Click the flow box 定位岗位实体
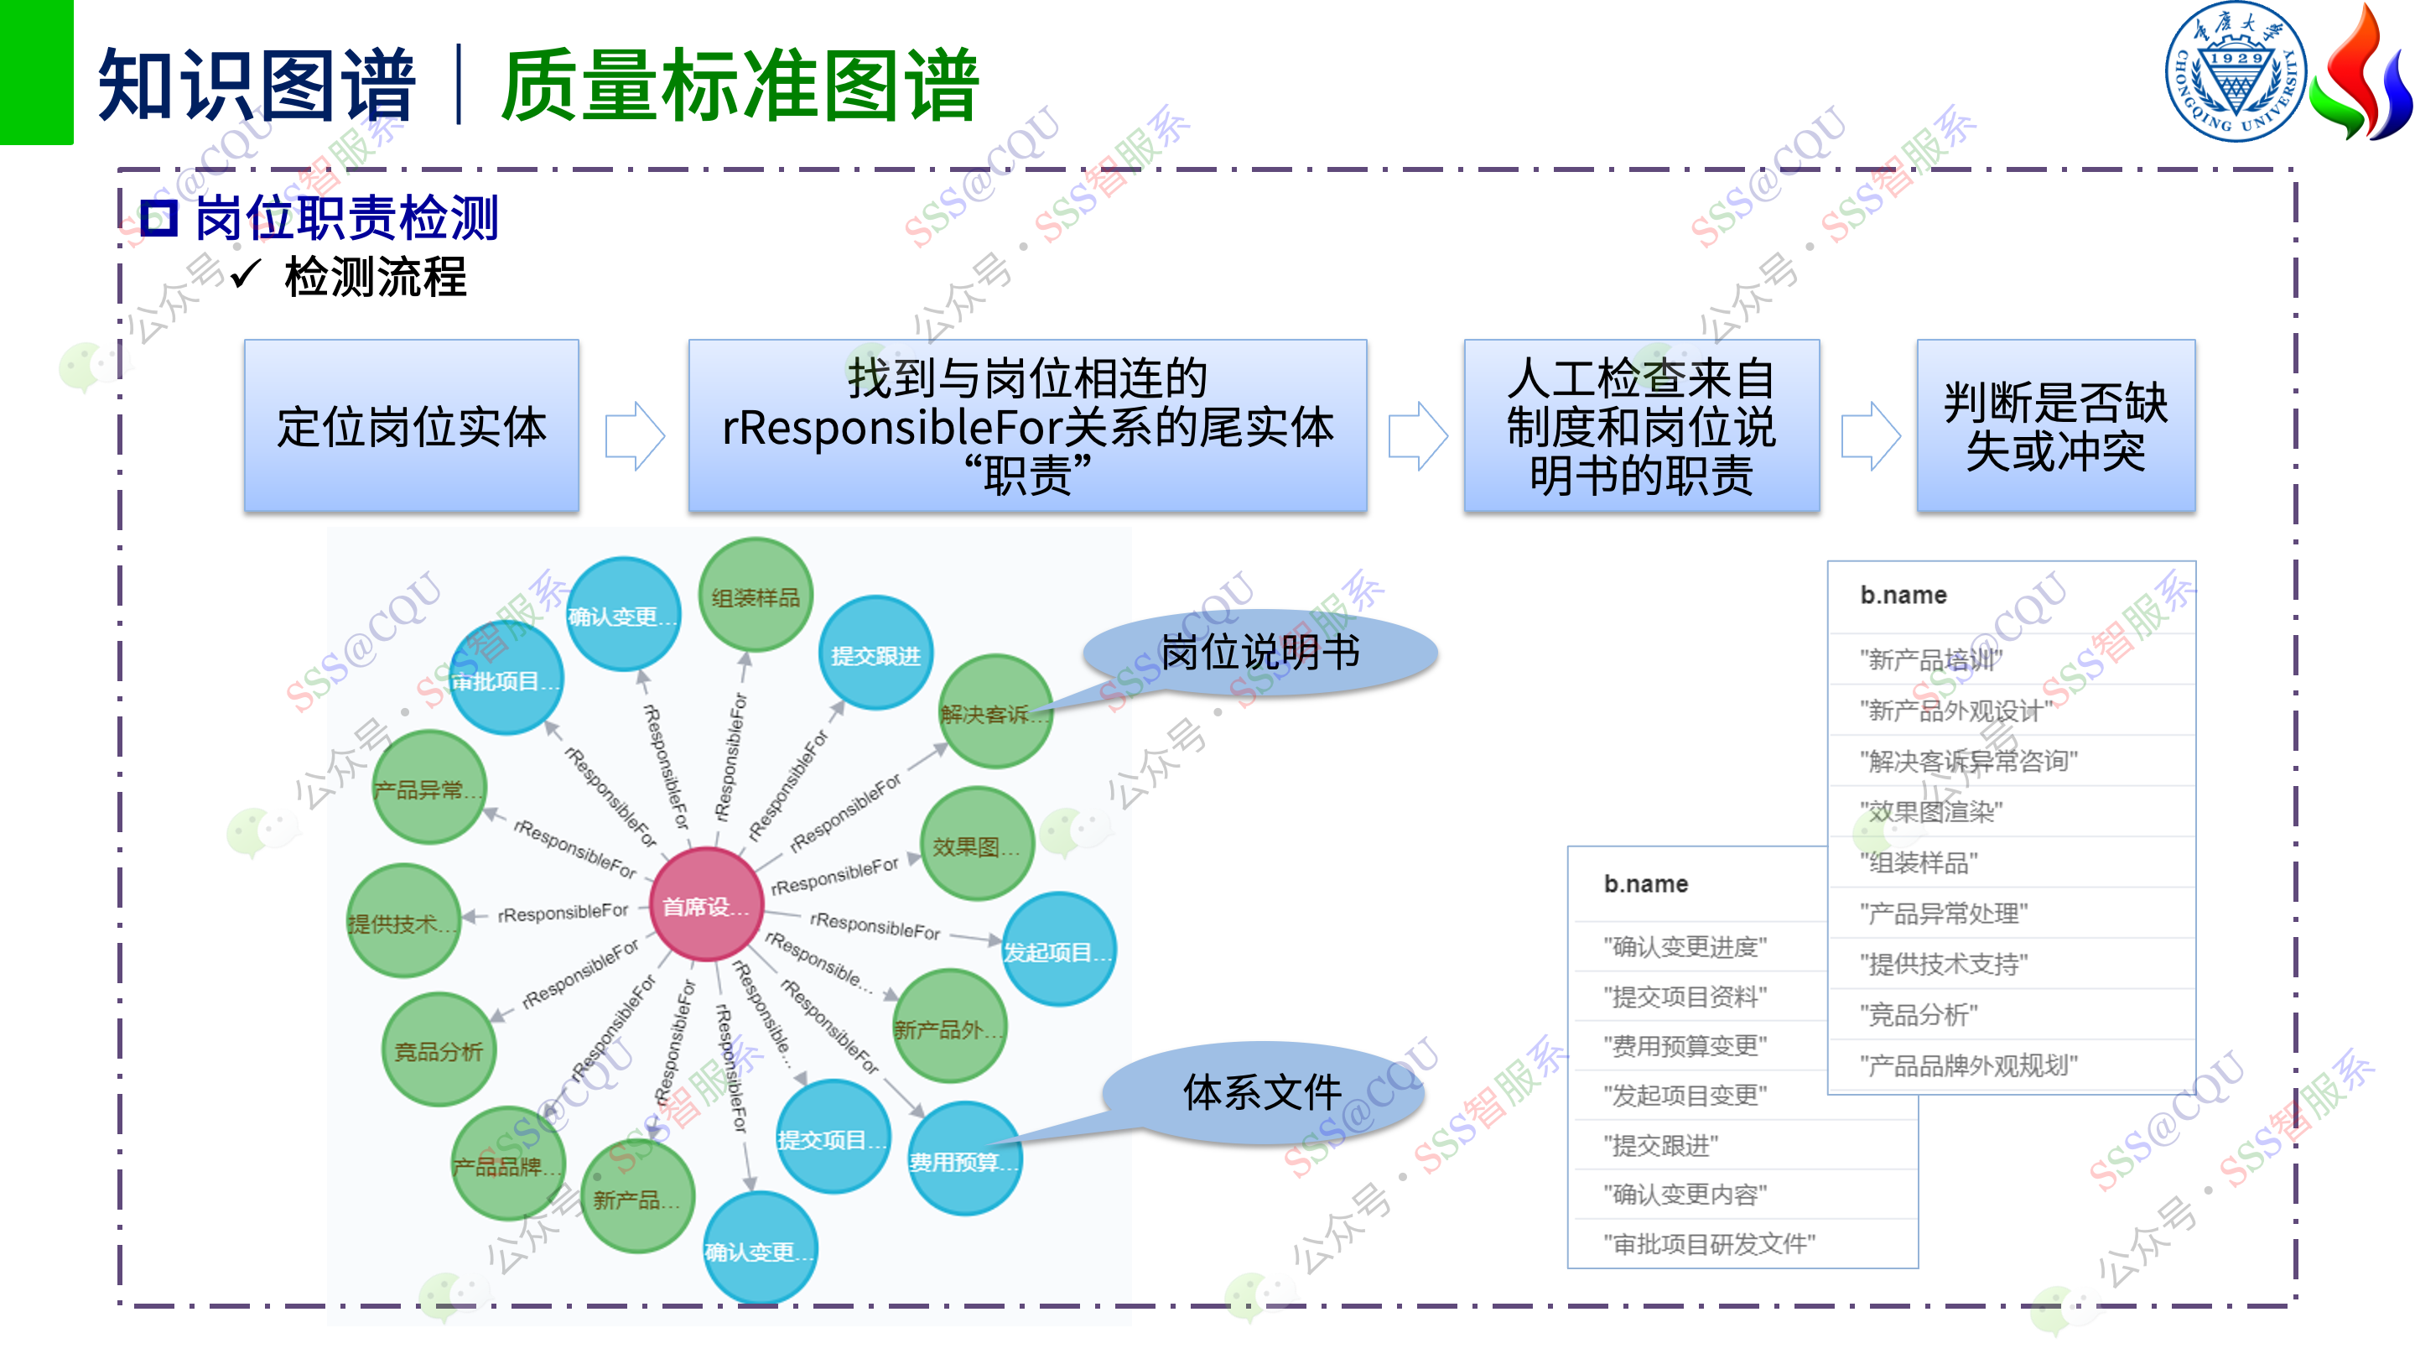411,426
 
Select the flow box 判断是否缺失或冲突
2055,426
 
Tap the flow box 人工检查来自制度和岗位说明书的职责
1641,426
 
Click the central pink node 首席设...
706,904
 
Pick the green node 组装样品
756,596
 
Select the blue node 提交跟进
875,653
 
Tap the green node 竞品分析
439,1049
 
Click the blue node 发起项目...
1057,950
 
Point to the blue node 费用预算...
963,1160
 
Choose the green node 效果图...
977,845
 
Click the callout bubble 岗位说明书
1260,652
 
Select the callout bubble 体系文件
1262,1091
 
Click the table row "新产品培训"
1931,659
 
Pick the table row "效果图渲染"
1931,811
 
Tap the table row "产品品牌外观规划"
1969,1065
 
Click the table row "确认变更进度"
1685,946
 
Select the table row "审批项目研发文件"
1709,1243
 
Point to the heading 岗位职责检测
346,217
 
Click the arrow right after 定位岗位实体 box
635,435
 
